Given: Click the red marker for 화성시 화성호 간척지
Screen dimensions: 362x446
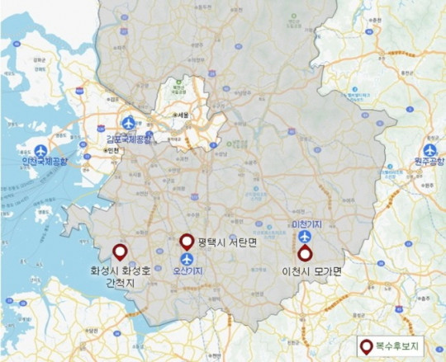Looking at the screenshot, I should pyautogui.click(x=120, y=252).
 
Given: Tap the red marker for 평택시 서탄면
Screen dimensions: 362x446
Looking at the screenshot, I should pyautogui.click(x=187, y=241).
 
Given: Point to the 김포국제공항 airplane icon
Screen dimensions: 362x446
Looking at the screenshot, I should pyautogui.click(x=128, y=123).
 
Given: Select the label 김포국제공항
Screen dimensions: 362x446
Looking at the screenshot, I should pyautogui.click(x=130, y=138).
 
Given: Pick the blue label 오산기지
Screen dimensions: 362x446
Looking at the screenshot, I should pyautogui.click(x=189, y=270).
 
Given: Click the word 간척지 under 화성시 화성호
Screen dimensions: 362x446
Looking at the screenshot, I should pyautogui.click(x=120, y=283).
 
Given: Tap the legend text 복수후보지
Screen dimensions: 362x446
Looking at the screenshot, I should pyautogui.click(x=400, y=346).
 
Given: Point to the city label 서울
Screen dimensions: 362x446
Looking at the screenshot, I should pyautogui.click(x=183, y=115).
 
